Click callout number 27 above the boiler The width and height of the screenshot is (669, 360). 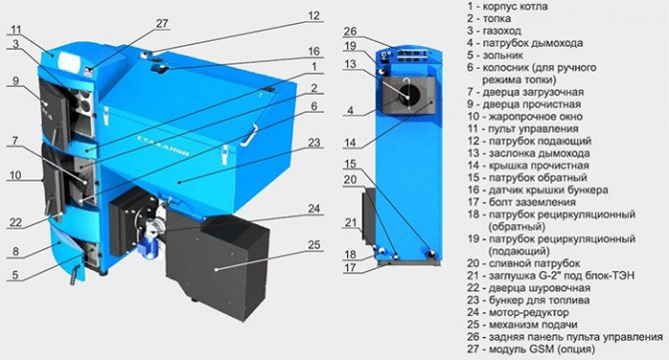pos(163,23)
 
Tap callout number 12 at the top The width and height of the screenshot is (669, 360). pos(314,16)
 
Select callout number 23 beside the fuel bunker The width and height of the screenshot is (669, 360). pos(314,143)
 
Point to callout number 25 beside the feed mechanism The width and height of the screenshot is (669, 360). pos(314,245)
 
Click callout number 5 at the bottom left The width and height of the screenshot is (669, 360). pos(15,274)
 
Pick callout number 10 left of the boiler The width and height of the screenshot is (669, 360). pos(15,175)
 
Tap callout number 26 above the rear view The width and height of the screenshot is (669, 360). pos(350,32)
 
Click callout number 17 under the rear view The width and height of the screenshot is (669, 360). pos(350,267)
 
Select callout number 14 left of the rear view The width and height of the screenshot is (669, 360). pos(350,142)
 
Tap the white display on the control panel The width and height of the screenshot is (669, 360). pos(70,62)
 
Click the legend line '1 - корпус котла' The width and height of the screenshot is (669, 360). pos(507,6)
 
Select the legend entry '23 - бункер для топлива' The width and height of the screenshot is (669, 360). pos(528,300)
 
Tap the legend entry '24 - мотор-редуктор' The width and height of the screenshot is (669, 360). pos(518,313)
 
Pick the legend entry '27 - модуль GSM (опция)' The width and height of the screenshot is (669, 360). pos(530,349)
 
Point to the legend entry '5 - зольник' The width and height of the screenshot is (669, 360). pos(495,55)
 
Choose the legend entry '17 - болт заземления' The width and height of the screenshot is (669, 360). pos(521,202)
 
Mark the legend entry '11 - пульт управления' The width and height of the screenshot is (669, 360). pos(522,129)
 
